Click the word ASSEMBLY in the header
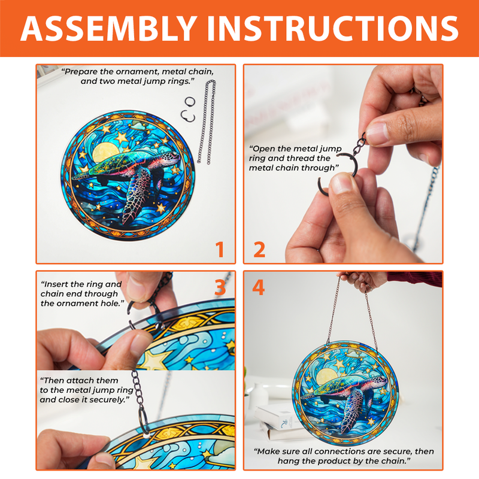[x=109, y=28]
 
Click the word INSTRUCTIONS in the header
[x=333, y=28]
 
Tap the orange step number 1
[x=220, y=249]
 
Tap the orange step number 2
[x=259, y=249]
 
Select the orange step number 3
[x=220, y=287]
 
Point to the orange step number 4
[x=258, y=287]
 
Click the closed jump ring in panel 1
[x=190, y=101]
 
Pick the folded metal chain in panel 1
[x=207, y=122]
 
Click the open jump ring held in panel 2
[x=338, y=177]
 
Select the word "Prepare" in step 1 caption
[x=81, y=71]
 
